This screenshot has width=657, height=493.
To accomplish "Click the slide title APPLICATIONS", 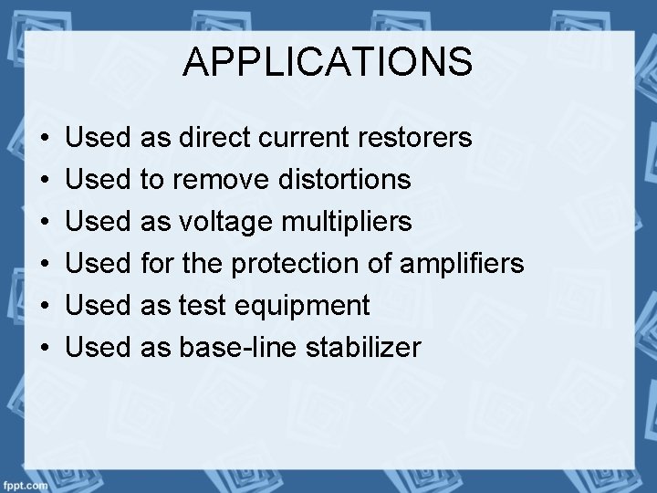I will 328,62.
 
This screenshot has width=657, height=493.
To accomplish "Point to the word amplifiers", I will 462,264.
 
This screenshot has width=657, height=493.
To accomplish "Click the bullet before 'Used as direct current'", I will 45,139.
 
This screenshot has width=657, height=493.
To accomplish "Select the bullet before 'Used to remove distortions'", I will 45,181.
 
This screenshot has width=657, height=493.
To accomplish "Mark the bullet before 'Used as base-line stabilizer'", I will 45,348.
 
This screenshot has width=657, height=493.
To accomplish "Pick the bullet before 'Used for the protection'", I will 45,265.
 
